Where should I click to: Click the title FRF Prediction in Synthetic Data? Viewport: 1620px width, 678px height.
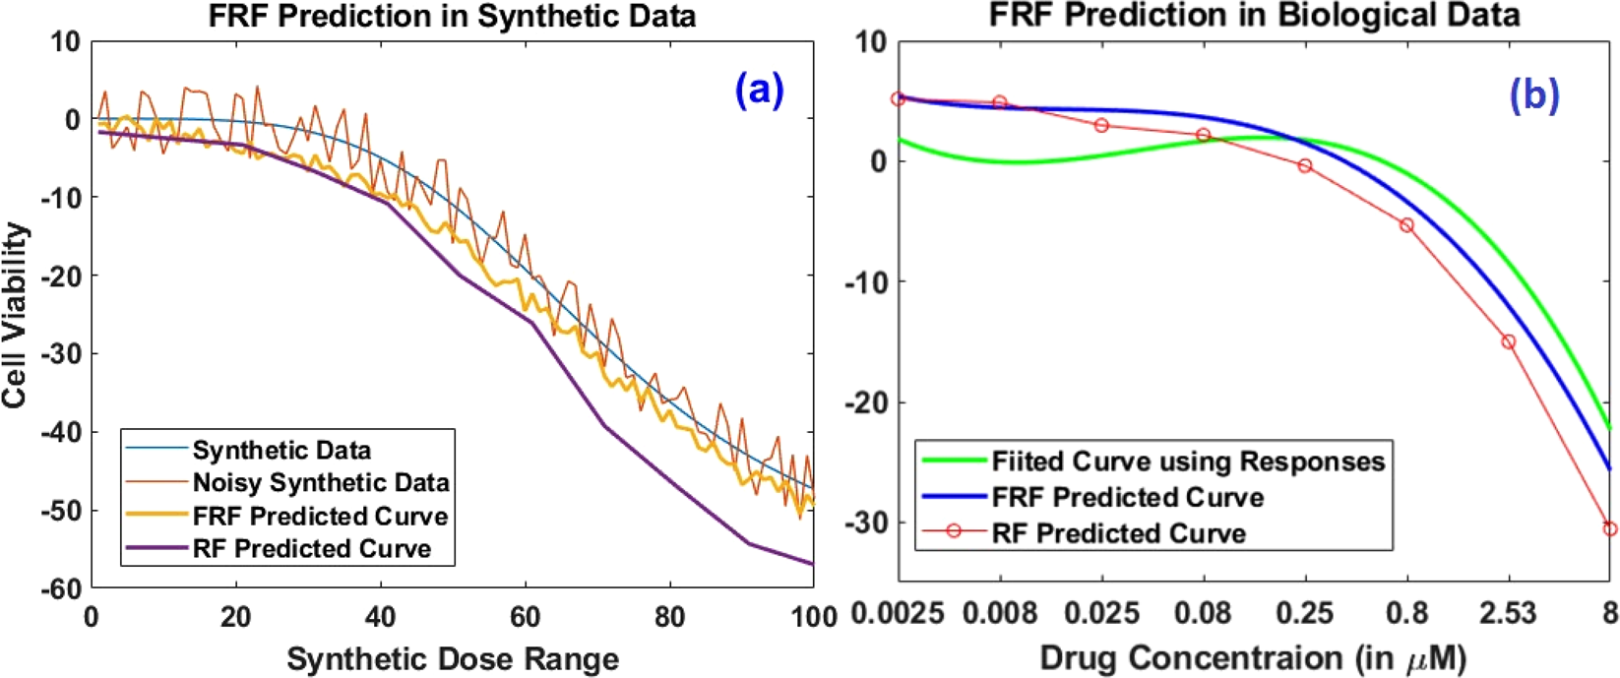(452, 16)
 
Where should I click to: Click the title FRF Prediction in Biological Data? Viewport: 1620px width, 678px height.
(1254, 16)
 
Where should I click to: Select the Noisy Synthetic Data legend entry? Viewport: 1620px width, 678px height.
(320, 482)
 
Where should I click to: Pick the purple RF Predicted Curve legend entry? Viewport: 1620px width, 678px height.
(311, 548)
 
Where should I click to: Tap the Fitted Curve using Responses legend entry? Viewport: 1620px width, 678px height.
(1188, 461)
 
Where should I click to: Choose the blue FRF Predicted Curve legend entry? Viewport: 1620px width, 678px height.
(1127, 497)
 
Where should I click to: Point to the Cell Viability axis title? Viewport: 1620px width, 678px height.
(15, 315)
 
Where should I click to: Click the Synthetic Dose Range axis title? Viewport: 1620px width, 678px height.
(453, 658)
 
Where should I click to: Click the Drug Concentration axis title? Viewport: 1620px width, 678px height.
(1252, 657)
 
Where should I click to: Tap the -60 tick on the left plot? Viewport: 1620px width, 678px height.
(61, 588)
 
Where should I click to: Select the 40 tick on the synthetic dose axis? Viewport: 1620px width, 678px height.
(380, 617)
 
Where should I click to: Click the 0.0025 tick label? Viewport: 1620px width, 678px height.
(897, 614)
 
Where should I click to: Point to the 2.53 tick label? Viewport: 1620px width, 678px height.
(1507, 614)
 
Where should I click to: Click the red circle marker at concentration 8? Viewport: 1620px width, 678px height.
(1610, 528)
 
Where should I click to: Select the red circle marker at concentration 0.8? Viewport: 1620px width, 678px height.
(1406, 225)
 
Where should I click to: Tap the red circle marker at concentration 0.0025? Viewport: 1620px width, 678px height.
(898, 98)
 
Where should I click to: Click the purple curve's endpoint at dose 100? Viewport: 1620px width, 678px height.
(813, 563)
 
